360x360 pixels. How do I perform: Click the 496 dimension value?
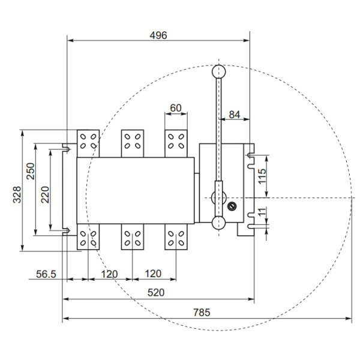tap(158, 35)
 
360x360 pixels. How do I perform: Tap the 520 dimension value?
tap(157, 292)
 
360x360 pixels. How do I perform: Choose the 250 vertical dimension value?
tap(30, 172)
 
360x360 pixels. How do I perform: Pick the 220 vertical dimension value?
tap(46, 194)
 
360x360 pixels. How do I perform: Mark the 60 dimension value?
tap(176, 108)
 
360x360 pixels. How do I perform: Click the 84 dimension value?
tap(235, 114)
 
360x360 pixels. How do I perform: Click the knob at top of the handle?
tap(218, 71)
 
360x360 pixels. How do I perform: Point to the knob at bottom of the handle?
tap(218, 224)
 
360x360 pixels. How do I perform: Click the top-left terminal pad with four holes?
tap(88, 142)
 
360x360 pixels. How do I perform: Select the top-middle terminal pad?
tap(133, 142)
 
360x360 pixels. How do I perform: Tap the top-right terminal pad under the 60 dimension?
tap(176, 142)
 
